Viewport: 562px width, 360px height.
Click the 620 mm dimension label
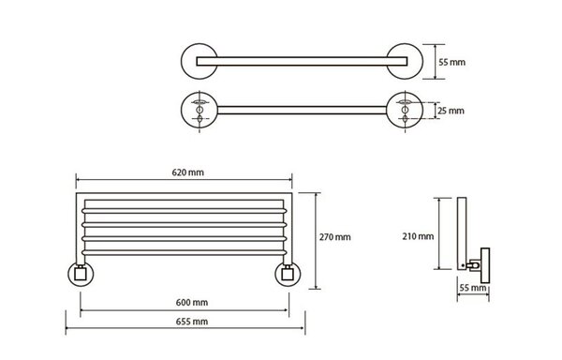[x=188, y=172]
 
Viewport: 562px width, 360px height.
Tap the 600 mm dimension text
[x=192, y=303]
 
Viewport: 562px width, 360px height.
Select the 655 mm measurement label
[x=192, y=322]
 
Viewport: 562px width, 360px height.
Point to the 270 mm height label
[x=334, y=237]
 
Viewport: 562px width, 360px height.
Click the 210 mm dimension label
[x=418, y=236]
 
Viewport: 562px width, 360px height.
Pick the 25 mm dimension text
[x=451, y=111]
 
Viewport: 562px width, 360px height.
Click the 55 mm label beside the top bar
[x=452, y=62]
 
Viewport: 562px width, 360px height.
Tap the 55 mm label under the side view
[x=473, y=288]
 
